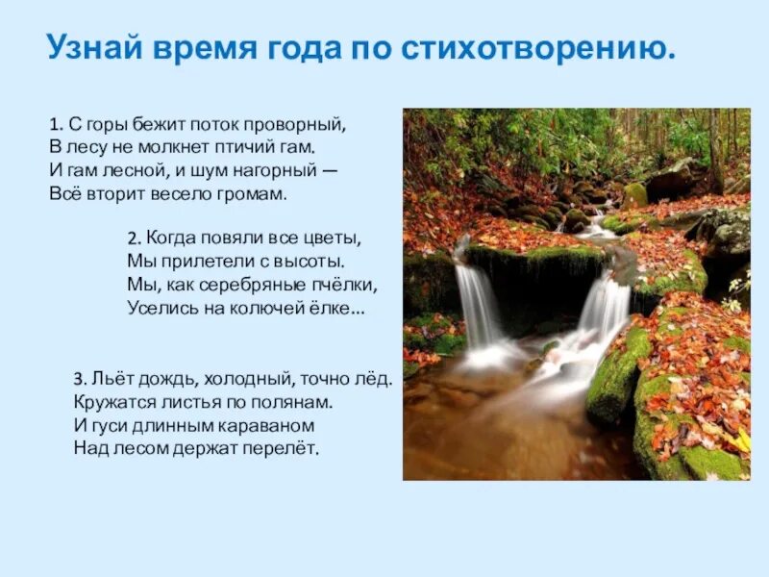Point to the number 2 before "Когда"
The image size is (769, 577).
(132, 238)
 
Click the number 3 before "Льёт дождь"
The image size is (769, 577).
(77, 380)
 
